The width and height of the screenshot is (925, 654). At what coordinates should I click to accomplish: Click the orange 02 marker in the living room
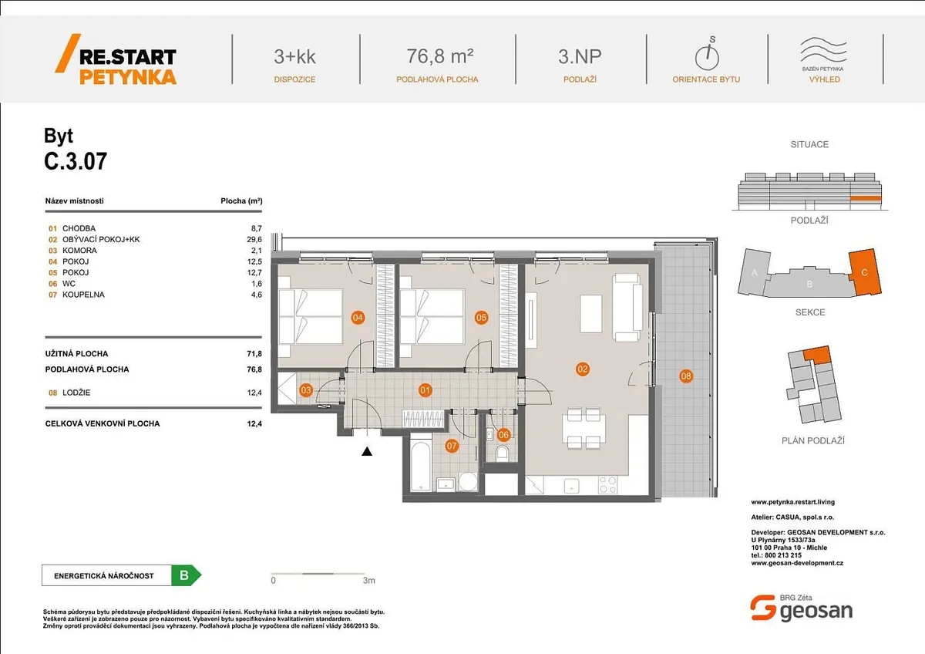(x=582, y=369)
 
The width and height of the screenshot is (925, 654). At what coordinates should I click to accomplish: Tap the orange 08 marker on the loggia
(x=686, y=376)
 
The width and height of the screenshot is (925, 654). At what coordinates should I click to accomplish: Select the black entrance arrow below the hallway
(x=367, y=452)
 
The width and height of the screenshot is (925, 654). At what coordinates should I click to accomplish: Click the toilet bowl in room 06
(x=502, y=453)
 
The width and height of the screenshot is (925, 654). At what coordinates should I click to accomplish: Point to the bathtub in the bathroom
(x=421, y=467)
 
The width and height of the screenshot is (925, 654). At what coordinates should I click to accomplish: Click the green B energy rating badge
(x=187, y=575)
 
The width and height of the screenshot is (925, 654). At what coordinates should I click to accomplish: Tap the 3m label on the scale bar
(x=368, y=581)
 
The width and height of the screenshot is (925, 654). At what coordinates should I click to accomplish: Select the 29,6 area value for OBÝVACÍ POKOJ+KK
(x=254, y=240)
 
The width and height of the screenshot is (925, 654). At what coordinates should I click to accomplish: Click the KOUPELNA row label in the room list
(x=83, y=295)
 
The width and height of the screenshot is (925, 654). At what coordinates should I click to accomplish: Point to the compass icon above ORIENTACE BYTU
(x=708, y=53)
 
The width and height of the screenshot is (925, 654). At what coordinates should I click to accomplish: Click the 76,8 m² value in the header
(x=440, y=56)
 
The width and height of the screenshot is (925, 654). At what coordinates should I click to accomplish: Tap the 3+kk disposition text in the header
(x=294, y=56)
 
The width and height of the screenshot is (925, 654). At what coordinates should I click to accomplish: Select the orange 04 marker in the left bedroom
(x=358, y=317)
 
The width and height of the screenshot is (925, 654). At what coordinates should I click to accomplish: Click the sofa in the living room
(x=627, y=307)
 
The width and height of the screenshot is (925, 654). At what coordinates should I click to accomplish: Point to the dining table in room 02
(x=584, y=429)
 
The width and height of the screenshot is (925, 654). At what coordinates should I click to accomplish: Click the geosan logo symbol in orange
(x=762, y=607)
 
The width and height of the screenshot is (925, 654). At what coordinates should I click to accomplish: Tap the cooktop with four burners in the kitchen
(x=608, y=484)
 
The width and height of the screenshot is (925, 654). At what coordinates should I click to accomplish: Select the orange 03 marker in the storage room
(x=305, y=389)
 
